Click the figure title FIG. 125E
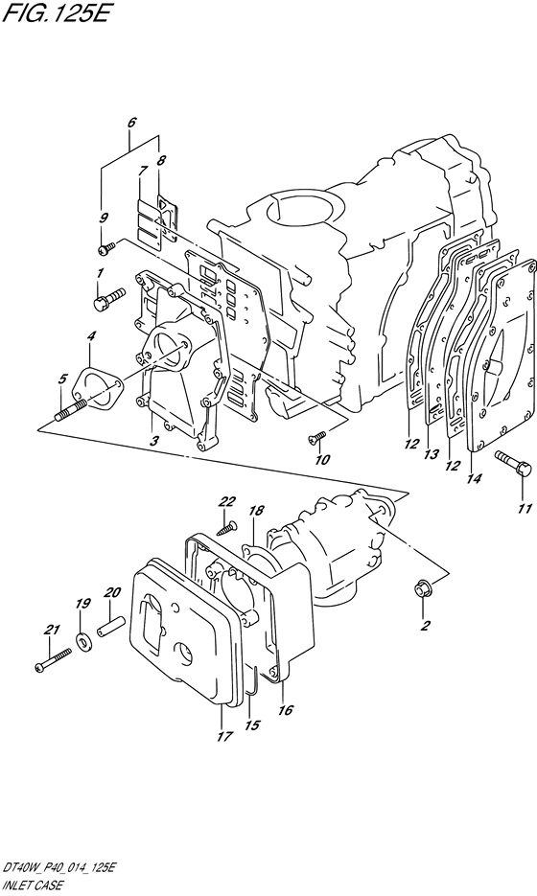(54, 13)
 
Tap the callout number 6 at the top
(132, 122)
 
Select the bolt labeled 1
(108, 298)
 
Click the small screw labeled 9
(106, 246)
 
